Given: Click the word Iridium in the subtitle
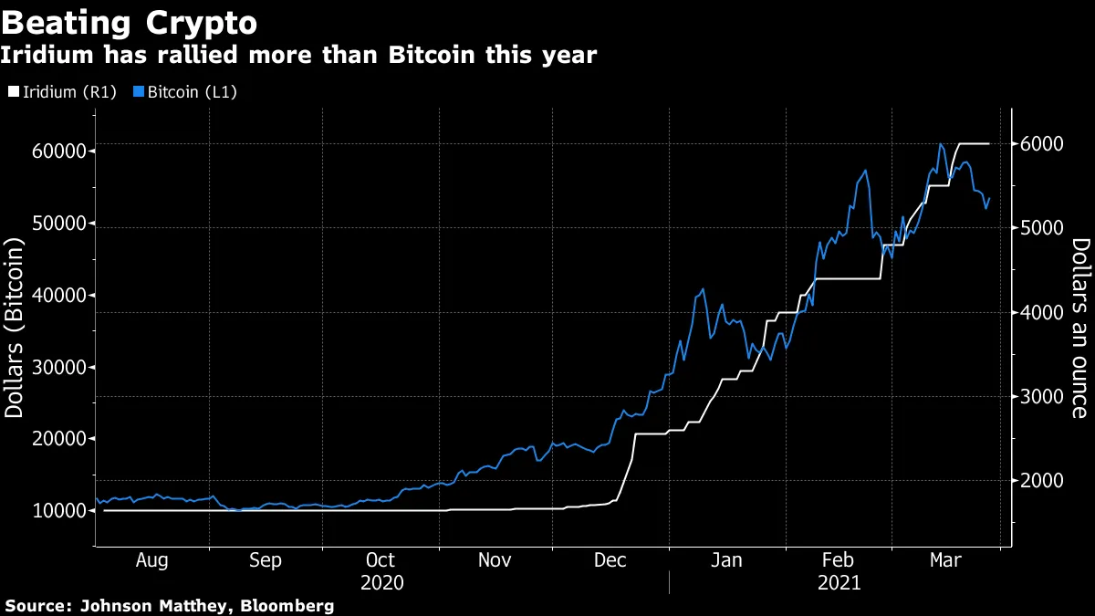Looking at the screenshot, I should point(47,56).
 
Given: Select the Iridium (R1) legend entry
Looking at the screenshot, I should point(62,91).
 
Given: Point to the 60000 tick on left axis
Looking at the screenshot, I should point(60,151).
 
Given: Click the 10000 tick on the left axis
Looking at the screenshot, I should point(60,511).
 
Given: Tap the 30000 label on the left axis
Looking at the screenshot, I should point(60,368).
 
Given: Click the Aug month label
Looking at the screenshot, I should point(151,560).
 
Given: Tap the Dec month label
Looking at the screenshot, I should point(610,560).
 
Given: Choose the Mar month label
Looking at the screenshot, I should point(944,560).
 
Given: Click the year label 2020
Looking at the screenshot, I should point(381,582).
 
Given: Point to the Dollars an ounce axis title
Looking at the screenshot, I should point(1079,328).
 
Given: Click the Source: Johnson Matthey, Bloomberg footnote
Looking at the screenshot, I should point(170,605).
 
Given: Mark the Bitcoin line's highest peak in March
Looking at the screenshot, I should point(940,144).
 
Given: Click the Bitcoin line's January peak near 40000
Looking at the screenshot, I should point(702,289).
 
